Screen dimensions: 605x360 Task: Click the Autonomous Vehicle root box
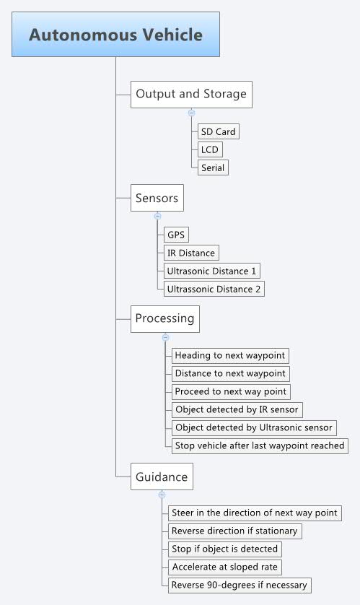[x=115, y=35]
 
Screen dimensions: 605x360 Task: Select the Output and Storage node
[x=191, y=94]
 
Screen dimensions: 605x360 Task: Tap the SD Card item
[x=218, y=132]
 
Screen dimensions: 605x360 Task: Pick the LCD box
[x=211, y=149]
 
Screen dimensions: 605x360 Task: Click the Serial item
[x=214, y=167]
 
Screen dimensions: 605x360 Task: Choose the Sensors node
[x=157, y=196]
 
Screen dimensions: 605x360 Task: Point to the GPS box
[x=176, y=235]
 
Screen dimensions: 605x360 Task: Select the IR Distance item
[x=191, y=253]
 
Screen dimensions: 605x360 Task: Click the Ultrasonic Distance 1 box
[x=212, y=271]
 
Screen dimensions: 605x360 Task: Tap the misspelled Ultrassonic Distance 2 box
[x=214, y=289]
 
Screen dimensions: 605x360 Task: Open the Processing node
[x=164, y=318]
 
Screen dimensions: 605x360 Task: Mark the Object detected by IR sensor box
[x=237, y=409]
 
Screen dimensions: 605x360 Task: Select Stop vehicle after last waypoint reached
[x=260, y=445]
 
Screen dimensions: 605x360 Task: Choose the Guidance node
[x=162, y=476]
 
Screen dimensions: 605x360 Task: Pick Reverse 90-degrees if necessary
[x=240, y=585]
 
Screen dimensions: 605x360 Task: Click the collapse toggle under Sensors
[x=157, y=216]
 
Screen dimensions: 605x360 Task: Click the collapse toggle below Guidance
[x=162, y=495]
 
